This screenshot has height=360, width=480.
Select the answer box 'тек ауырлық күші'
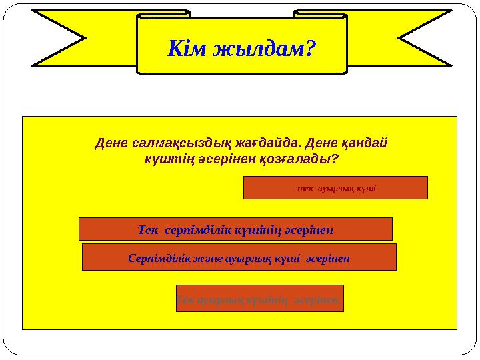click(335, 188)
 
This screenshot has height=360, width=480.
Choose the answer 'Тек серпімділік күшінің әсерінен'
click(235, 229)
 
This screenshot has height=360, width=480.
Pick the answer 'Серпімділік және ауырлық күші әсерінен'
click(239, 257)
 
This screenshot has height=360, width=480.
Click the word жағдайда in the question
click(257, 143)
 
